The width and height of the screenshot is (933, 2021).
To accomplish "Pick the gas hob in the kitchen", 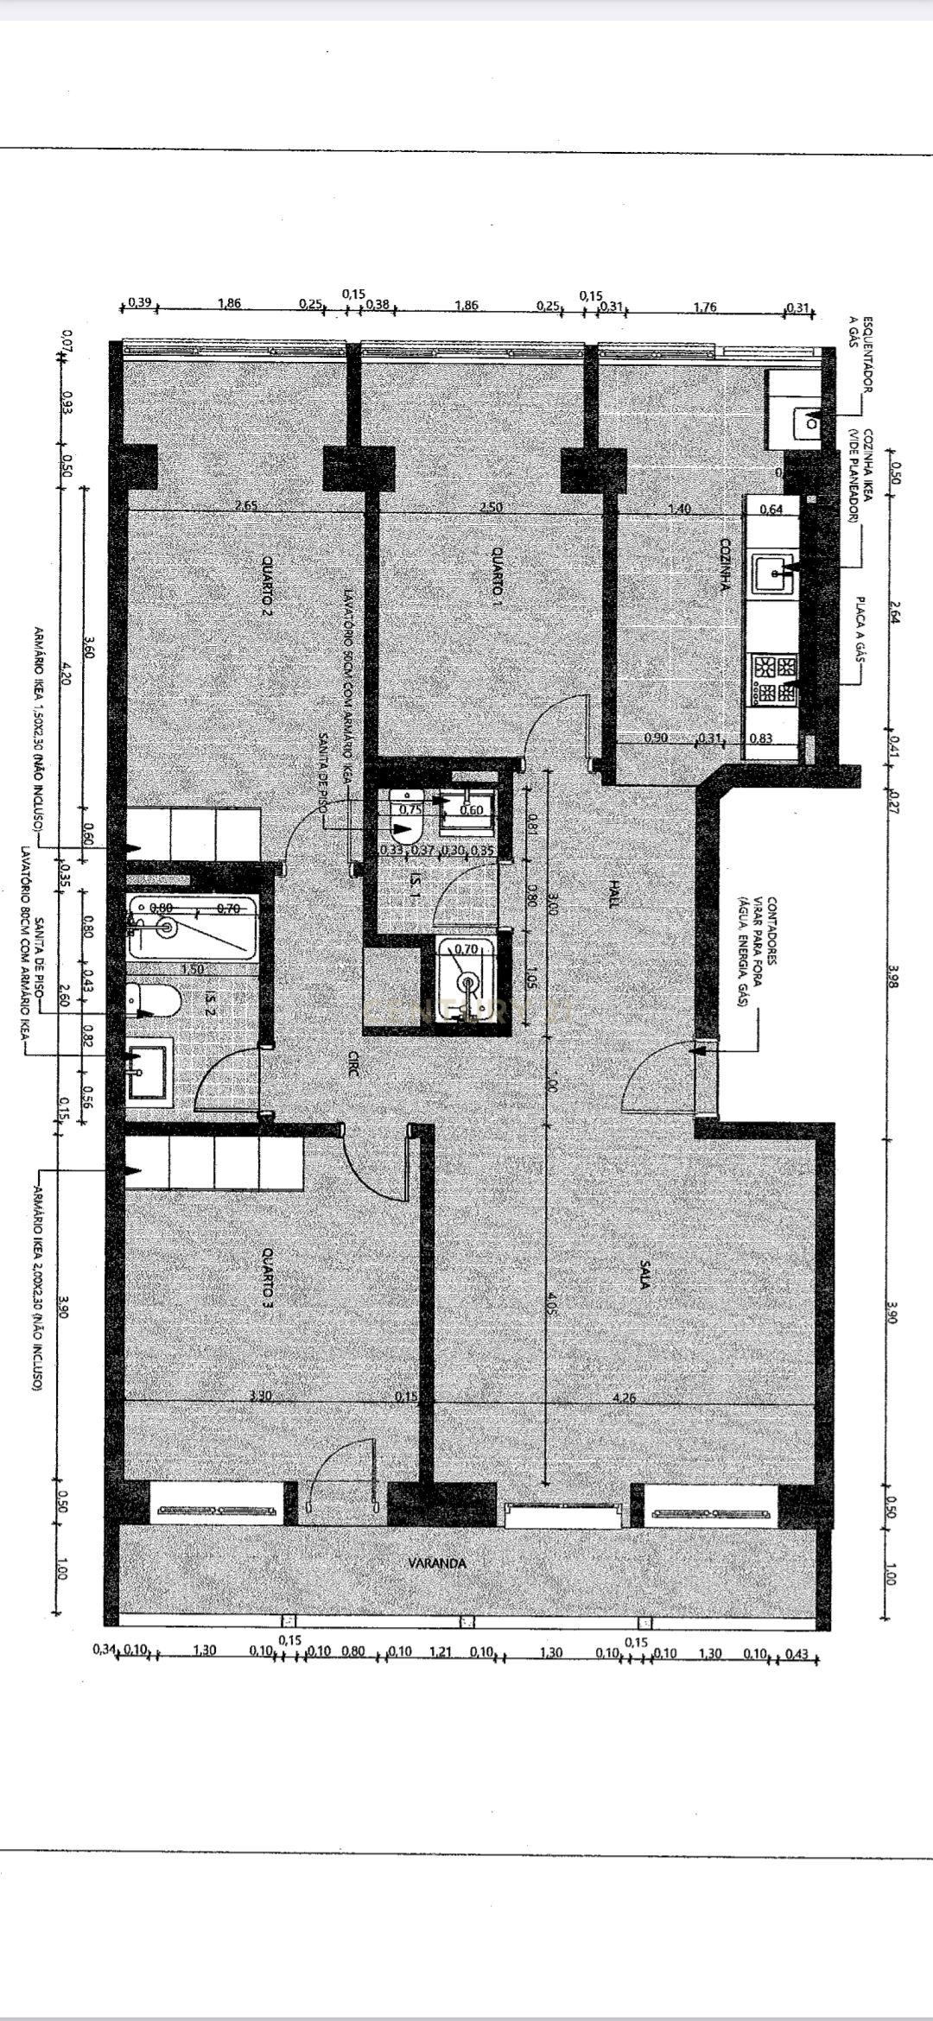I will [x=775, y=676].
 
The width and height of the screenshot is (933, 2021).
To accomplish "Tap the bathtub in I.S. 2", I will [x=192, y=928].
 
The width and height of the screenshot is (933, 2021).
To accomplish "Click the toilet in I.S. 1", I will [x=405, y=816].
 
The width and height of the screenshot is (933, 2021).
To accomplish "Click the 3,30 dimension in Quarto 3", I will [x=259, y=1395].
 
